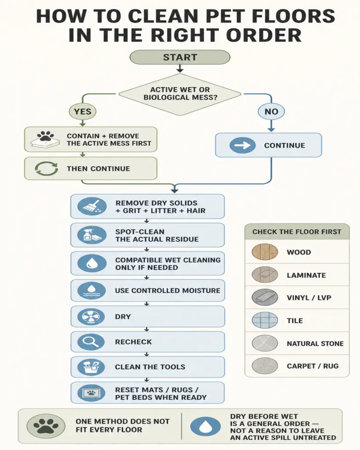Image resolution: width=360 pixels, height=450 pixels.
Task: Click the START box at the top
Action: tap(180, 57)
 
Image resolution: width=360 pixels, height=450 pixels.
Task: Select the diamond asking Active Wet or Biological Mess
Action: tap(180, 94)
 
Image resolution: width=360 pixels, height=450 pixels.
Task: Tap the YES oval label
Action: tap(82, 111)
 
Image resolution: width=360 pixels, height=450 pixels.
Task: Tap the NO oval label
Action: tap(271, 111)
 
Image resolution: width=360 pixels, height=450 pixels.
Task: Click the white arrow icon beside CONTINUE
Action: tap(243, 145)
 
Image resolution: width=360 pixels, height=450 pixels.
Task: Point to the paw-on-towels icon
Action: tap(45, 139)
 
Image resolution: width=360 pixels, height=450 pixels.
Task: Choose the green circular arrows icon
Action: tap(46, 168)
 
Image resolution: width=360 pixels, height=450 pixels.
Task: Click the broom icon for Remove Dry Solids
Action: tap(92, 207)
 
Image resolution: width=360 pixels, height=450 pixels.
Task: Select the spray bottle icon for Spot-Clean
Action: tap(92, 235)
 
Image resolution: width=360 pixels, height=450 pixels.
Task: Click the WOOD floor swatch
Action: tap(265, 252)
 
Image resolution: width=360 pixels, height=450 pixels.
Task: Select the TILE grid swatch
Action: tap(265, 320)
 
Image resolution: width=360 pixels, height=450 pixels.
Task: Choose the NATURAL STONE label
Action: tap(315, 344)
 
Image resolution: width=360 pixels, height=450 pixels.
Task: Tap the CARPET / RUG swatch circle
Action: tap(265, 366)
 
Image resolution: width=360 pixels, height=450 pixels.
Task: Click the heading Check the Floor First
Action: tap(297, 232)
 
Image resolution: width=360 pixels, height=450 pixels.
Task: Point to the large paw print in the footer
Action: tap(46, 426)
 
